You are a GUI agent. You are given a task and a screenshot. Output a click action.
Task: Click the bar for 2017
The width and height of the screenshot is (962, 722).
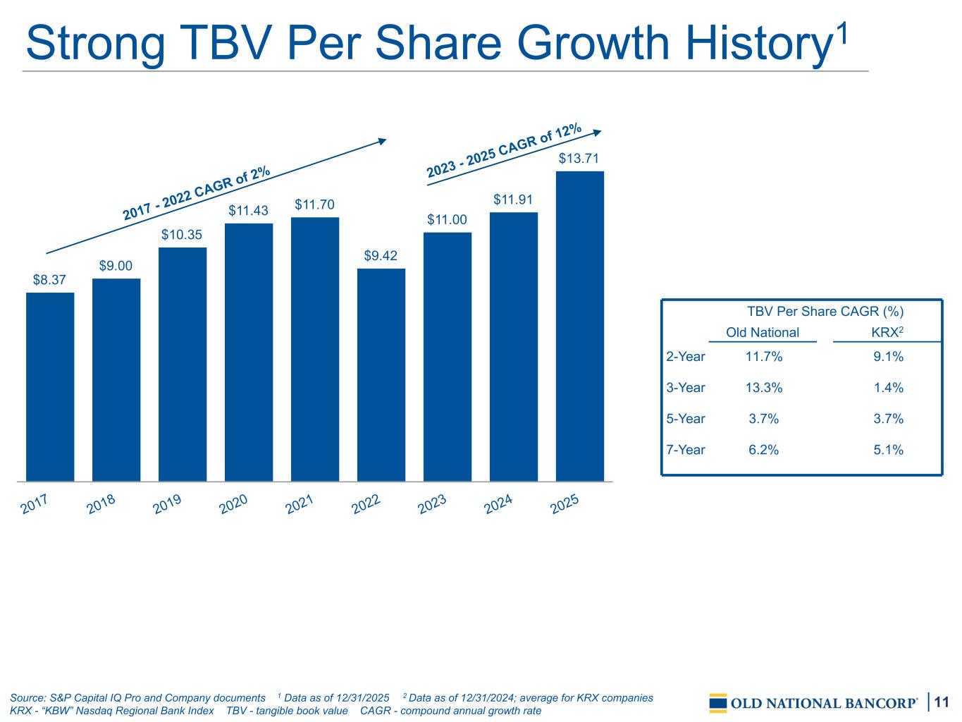[x=50, y=386]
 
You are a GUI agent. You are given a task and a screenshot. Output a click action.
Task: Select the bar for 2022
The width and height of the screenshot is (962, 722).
[x=381, y=374]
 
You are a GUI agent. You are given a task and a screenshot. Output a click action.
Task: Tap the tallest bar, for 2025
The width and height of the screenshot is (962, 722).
[x=580, y=326]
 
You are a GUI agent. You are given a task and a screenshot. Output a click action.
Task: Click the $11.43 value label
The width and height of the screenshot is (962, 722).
[x=248, y=211]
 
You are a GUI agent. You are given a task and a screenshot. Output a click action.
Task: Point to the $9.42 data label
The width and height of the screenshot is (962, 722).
[x=381, y=256]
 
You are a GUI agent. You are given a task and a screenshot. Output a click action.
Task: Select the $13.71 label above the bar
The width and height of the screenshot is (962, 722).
[x=579, y=159]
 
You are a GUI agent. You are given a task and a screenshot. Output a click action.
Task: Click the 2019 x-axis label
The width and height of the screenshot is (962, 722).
[x=167, y=506]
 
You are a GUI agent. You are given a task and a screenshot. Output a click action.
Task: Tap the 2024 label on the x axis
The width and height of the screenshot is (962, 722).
[x=498, y=506]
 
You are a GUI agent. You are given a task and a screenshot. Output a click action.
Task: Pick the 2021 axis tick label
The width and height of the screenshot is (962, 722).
[x=300, y=506]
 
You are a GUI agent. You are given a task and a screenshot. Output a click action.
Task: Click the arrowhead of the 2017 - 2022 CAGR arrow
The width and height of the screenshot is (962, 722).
[x=383, y=140]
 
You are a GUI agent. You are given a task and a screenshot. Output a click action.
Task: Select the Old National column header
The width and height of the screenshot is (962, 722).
[x=763, y=333]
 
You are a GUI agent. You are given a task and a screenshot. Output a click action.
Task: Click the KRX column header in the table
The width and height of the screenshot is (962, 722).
[x=887, y=333]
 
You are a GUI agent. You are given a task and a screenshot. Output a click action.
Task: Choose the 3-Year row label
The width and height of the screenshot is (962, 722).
[x=686, y=388]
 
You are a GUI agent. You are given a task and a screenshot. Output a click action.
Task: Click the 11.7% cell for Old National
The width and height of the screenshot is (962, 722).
[x=764, y=357]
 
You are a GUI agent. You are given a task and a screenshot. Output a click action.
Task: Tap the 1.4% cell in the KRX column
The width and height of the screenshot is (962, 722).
[x=888, y=388]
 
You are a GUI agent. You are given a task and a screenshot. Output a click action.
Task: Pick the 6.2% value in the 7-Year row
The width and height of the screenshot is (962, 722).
[x=764, y=450]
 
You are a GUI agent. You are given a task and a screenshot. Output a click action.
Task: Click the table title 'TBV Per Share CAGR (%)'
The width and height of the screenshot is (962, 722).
[x=825, y=312]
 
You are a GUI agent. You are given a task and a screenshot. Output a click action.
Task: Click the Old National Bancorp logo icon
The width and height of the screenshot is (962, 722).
[x=718, y=703]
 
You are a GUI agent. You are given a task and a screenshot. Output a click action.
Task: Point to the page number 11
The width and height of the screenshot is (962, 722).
[x=942, y=702]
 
